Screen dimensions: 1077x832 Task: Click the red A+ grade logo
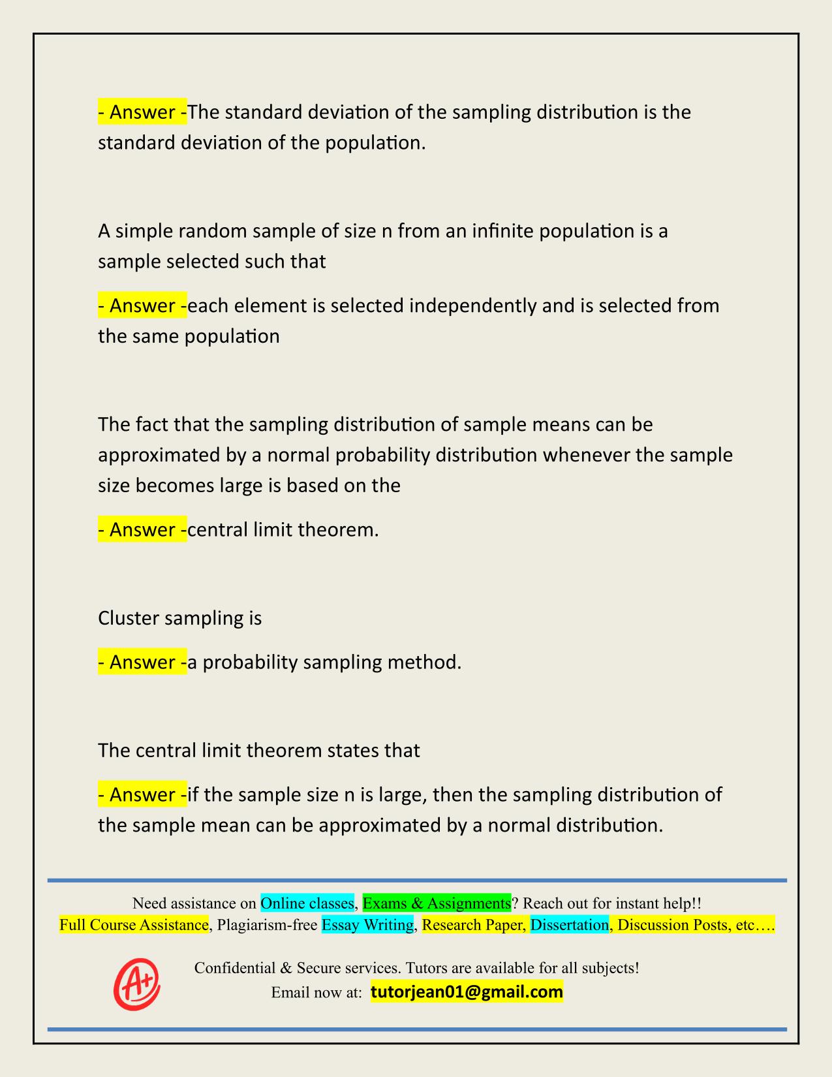pyautogui.click(x=137, y=984)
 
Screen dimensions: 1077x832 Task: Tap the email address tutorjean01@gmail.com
pyautogui.click(x=467, y=992)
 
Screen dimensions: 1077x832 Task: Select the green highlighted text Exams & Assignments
pyautogui.click(x=437, y=903)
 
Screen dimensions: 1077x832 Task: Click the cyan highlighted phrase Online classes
pyautogui.click(x=307, y=903)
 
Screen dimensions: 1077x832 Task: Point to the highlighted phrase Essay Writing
pyautogui.click(x=368, y=925)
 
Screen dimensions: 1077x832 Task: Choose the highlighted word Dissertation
pyautogui.click(x=570, y=925)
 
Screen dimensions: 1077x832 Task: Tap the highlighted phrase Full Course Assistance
pyautogui.click(x=134, y=925)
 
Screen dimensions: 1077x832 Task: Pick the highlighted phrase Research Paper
pyautogui.click(x=473, y=925)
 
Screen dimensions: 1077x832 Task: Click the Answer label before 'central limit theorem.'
pyautogui.click(x=142, y=529)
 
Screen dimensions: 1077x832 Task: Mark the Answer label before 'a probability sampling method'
pyautogui.click(x=142, y=662)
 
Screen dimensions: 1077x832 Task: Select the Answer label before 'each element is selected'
pyautogui.click(x=142, y=305)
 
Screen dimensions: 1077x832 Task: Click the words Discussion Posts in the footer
pyautogui.click(x=672, y=925)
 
